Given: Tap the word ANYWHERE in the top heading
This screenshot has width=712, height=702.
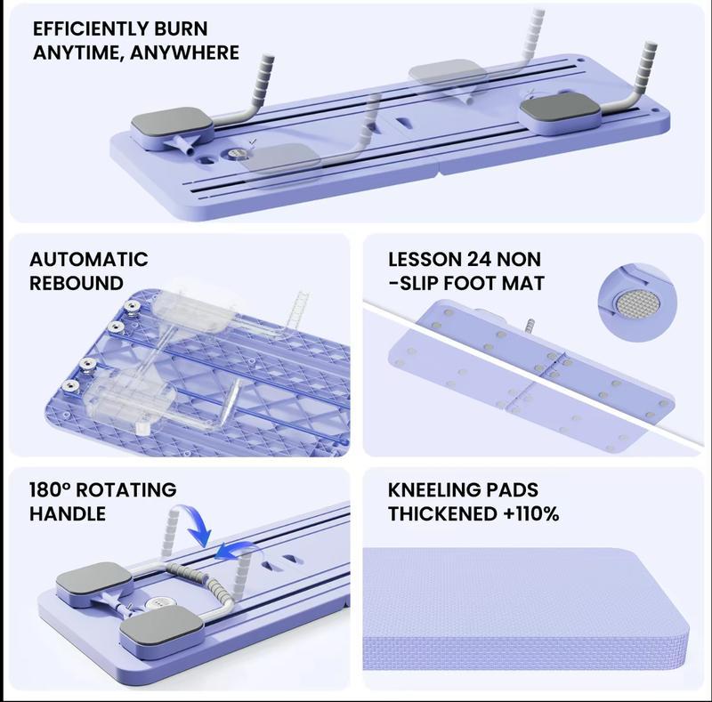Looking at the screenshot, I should [x=184, y=52].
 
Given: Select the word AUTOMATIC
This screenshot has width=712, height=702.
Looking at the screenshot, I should [x=89, y=259].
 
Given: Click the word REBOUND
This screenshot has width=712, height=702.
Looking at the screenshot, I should [x=77, y=283].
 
